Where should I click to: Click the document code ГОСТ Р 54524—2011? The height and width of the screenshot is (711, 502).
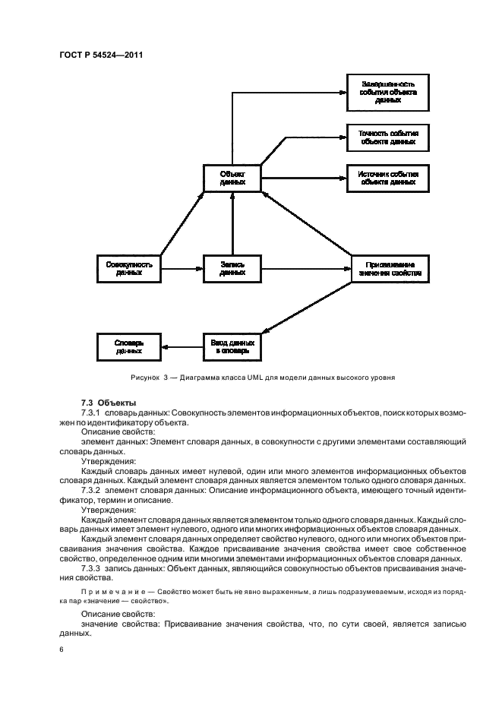tap(102, 55)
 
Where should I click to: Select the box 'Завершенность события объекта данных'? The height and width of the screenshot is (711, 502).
tap(387, 93)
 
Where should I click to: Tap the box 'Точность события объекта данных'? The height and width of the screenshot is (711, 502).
tap(387, 137)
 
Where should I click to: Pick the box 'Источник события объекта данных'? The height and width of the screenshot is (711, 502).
tap(387, 179)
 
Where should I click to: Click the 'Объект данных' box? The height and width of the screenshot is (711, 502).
tap(232, 178)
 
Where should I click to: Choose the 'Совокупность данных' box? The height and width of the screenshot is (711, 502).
tap(130, 268)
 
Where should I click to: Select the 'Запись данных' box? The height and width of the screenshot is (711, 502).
tap(232, 268)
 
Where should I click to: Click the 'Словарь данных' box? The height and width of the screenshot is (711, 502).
tap(130, 347)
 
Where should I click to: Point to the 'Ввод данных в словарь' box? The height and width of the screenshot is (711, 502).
tap(232, 347)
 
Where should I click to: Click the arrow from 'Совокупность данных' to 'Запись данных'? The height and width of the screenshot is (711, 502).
tap(182, 268)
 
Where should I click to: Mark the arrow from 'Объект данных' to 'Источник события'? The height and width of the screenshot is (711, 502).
tap(304, 179)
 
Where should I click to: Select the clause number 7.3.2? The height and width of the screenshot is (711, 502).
tap(92, 490)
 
